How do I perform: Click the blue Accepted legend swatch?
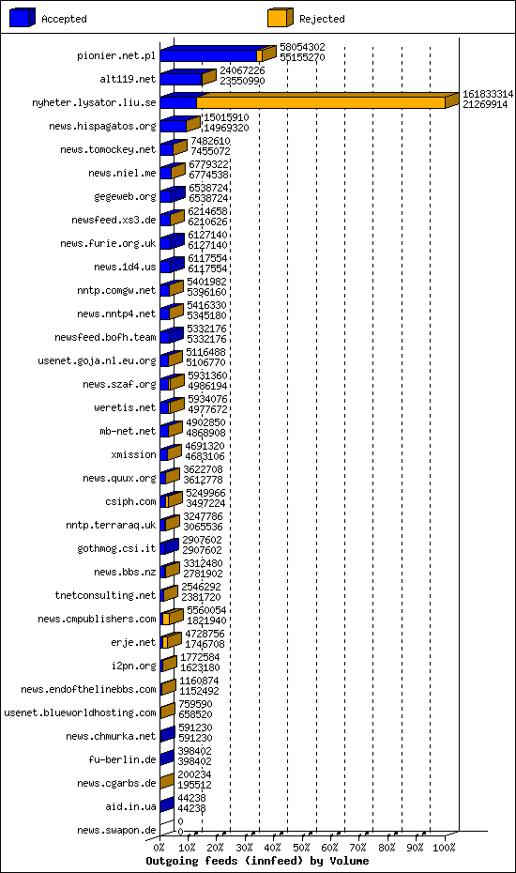click(23, 18)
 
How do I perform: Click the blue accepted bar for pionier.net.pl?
click(209, 55)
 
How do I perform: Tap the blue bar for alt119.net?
click(181, 79)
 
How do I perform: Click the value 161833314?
click(488, 94)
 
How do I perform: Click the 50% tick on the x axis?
click(302, 847)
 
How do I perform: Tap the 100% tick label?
click(444, 847)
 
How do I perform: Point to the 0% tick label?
click(159, 847)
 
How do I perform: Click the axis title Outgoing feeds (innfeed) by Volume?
click(257, 861)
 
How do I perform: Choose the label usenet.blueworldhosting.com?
click(80, 712)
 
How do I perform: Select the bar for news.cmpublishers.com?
click(170, 619)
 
